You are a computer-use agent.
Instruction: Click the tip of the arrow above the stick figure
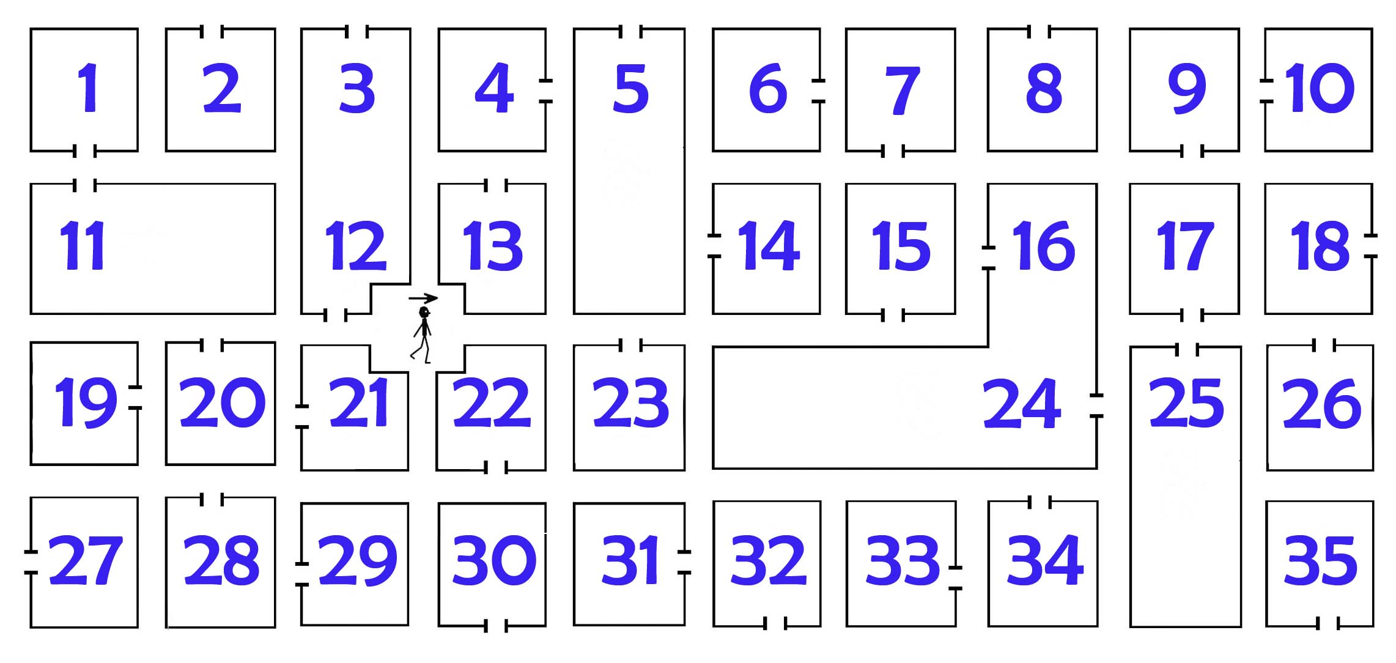438,298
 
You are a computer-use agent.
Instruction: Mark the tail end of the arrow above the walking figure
409,299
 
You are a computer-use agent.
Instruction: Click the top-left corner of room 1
31,29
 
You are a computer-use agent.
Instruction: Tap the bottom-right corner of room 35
1373,626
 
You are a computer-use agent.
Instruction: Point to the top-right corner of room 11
275,184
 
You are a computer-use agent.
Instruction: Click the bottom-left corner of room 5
574,313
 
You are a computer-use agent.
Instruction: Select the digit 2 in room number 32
788,559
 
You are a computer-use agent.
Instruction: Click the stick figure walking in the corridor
422,335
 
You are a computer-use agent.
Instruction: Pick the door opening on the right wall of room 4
545,91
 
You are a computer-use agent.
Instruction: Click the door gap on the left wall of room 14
714,246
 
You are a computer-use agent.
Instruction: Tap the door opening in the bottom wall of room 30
496,626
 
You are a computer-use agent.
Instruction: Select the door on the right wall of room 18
1371,246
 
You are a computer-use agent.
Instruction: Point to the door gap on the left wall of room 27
31,563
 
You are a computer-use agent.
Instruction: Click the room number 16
1044,246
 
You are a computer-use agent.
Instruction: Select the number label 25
1186,402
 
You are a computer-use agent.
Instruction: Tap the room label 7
903,91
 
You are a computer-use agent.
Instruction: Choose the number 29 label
358,560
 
